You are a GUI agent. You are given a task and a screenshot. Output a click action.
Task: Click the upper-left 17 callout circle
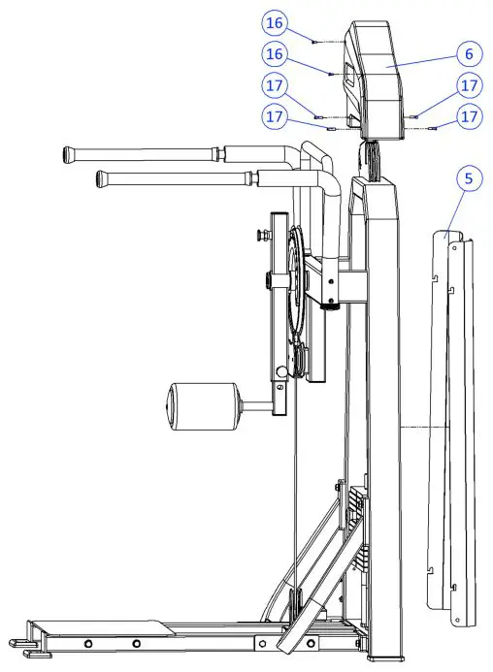275,84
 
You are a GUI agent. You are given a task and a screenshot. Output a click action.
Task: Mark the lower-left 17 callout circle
275,116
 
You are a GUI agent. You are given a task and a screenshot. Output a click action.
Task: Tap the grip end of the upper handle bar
71,153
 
